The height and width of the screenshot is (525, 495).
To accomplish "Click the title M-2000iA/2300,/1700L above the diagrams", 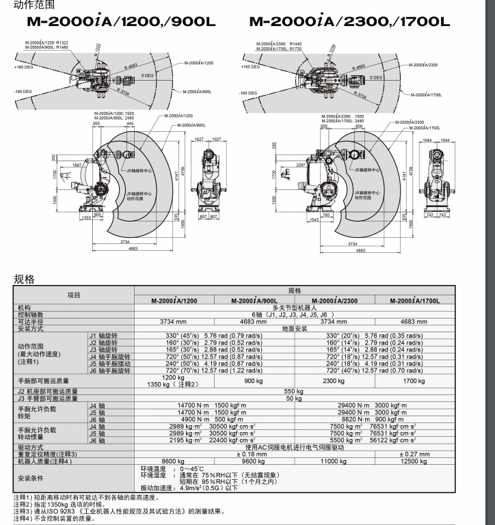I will tap(349, 21).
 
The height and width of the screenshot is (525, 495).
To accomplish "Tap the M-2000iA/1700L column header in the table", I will tap(414, 301).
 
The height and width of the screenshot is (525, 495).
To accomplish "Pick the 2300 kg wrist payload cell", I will tap(334, 381).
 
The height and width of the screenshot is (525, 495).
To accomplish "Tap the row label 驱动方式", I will tap(31, 446).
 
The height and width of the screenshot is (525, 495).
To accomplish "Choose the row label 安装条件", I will tap(31, 478).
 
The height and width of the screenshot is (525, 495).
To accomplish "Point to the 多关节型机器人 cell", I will tap(293, 308).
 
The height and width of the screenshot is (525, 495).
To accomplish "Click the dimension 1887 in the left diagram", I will tap(77, 165).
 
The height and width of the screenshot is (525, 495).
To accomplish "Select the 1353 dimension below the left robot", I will tap(86, 217).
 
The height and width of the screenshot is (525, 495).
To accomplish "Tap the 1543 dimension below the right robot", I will tap(315, 220).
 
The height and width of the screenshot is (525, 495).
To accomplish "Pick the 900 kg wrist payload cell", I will tap(254, 381).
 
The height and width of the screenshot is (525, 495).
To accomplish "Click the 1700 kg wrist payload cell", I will tap(414, 381).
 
